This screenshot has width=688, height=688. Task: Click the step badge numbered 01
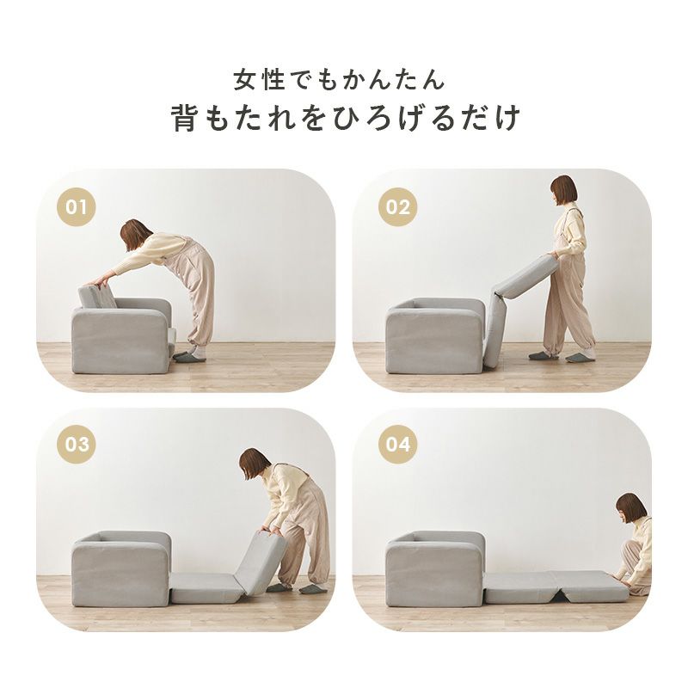tap(77, 207)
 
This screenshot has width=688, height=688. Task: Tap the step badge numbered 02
tap(398, 207)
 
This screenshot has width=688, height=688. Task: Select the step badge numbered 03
tap(77, 445)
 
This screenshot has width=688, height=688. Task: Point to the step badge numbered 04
tap(398, 445)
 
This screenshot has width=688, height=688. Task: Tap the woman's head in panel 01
tap(135, 234)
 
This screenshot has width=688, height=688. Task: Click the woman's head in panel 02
tap(563, 189)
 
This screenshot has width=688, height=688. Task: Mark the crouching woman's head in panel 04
tap(630, 508)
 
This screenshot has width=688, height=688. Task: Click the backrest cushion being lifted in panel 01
tap(97, 297)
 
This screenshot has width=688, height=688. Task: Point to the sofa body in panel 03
tap(120, 572)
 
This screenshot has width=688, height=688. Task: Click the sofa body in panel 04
tap(434, 572)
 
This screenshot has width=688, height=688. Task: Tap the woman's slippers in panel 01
tap(189, 355)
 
